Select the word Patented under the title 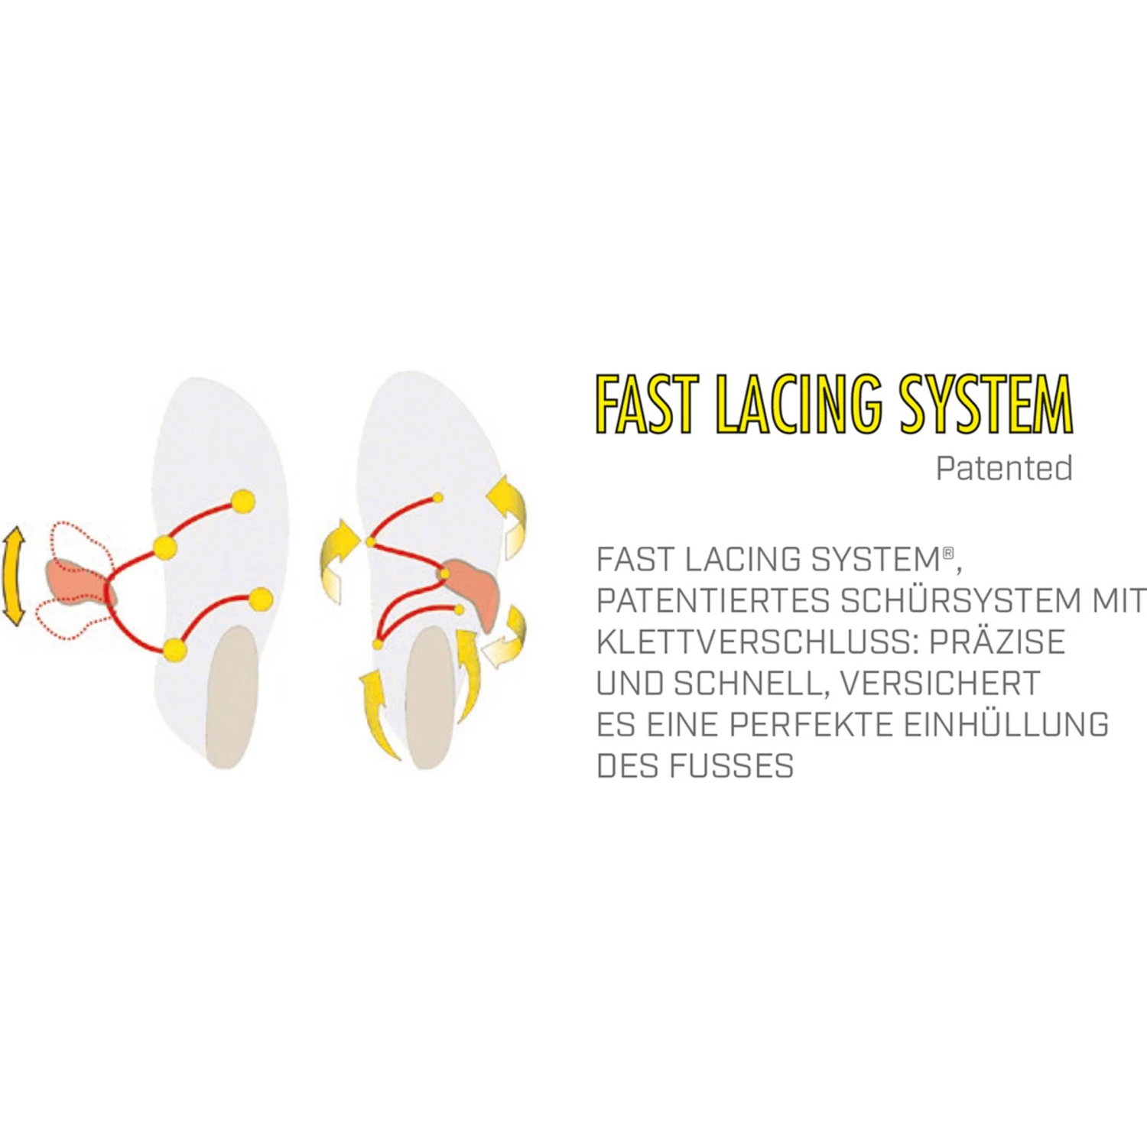coord(1004,468)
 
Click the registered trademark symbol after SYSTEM coord(948,551)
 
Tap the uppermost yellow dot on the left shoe coord(242,501)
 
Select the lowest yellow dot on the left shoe coord(175,650)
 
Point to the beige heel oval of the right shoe coord(430,700)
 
